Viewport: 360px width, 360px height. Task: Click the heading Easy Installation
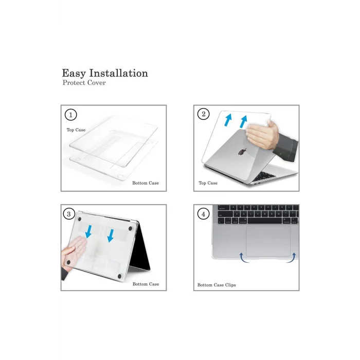(105, 73)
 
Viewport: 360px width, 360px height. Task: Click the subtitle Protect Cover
(84, 83)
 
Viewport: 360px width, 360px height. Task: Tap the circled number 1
(71, 114)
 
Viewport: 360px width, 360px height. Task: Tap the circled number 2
(204, 114)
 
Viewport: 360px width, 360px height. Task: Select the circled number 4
(204, 213)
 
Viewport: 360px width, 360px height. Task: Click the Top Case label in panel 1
(76, 130)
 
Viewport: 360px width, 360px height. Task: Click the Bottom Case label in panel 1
(146, 183)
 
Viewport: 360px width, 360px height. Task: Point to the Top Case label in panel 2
(208, 183)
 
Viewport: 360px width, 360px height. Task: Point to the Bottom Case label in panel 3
(146, 284)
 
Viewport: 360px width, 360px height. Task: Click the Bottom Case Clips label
(217, 284)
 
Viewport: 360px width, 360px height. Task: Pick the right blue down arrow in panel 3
(110, 235)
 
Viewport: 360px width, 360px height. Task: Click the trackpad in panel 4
(267, 241)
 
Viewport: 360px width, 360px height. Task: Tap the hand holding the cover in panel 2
(263, 135)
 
